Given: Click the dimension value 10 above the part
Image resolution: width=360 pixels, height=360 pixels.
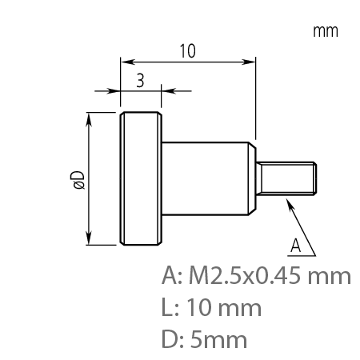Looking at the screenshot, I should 187,50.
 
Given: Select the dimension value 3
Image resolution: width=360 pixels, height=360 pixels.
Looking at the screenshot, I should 140,80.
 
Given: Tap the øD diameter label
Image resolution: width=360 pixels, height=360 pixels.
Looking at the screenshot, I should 78,180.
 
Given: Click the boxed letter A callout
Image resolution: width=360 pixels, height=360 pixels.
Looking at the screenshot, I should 296,243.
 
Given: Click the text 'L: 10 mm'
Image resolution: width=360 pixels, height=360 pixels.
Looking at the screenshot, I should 211,307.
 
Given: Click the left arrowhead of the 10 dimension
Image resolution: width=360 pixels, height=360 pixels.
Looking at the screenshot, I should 123,61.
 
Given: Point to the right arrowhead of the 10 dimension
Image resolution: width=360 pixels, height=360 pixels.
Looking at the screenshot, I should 252,61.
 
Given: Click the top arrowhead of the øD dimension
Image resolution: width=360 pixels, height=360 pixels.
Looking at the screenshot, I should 89,117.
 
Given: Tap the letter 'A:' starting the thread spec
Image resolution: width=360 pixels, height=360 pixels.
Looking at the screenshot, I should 173,277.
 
